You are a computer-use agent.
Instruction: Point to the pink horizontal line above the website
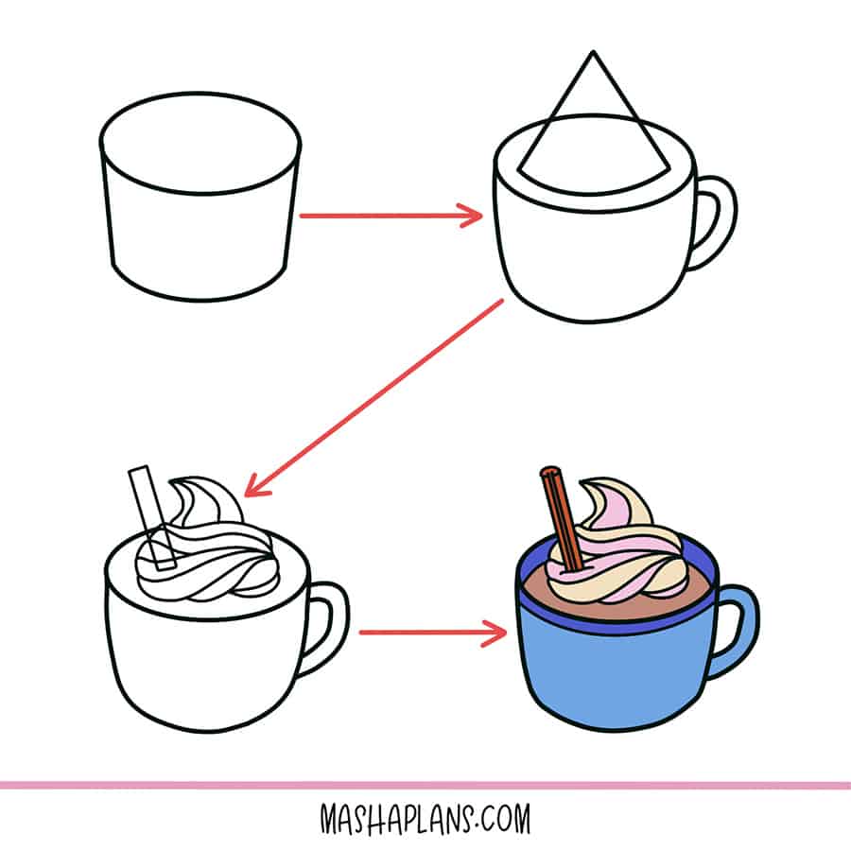[x=425, y=785]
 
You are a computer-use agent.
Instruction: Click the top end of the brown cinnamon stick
[x=548, y=470]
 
